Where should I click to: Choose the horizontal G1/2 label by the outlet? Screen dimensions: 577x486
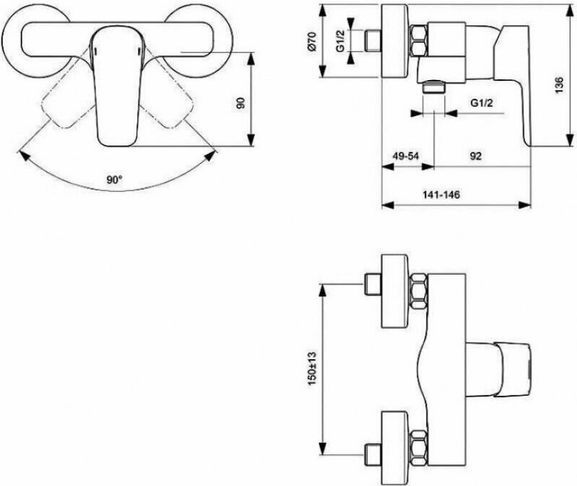(x=482, y=102)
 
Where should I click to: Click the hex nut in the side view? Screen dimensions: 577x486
(x=419, y=42)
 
